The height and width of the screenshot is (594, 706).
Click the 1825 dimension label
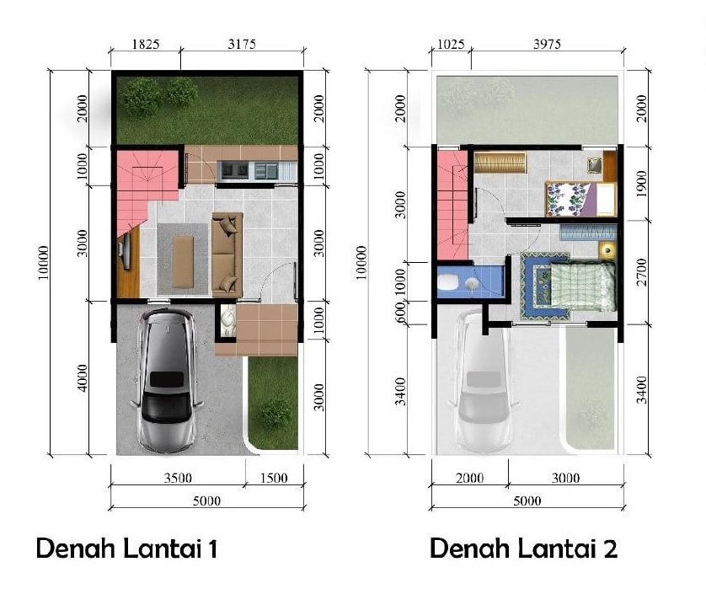tap(146, 44)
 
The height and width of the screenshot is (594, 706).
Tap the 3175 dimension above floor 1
tap(242, 44)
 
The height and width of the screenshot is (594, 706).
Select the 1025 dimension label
tap(451, 44)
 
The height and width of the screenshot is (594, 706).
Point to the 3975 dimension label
tap(547, 44)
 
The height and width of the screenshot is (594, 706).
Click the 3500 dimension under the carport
tap(178, 478)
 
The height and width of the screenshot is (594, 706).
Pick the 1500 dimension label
tap(274, 478)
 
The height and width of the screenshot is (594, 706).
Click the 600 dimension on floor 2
tap(400, 313)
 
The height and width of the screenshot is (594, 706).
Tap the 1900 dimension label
tap(642, 184)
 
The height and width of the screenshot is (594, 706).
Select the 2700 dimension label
tap(642, 272)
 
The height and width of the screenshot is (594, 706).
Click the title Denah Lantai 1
tap(127, 549)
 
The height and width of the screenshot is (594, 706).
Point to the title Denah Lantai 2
tap(523, 549)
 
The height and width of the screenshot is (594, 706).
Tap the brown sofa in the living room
tap(227, 255)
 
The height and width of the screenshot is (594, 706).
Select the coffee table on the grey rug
tap(184, 262)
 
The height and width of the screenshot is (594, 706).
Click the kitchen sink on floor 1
tap(235, 170)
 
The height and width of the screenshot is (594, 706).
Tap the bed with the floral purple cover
tap(580, 199)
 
